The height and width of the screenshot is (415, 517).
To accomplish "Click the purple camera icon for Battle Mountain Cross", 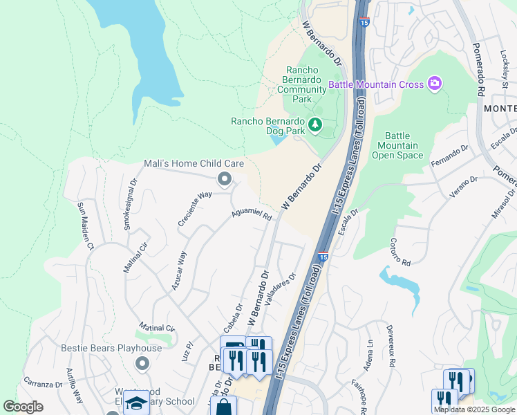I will coord(435,84).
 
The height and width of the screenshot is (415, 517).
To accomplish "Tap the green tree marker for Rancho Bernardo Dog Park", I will coord(316,124).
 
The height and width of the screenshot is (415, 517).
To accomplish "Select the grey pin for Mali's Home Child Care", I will coord(224,180).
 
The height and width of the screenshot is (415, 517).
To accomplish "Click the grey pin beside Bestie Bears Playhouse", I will coord(142,363).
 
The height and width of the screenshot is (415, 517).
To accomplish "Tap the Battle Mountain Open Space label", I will coord(397,145).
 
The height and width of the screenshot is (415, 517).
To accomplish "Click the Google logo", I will coord(23,407).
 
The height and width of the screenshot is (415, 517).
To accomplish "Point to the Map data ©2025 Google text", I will coord(474,409).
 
